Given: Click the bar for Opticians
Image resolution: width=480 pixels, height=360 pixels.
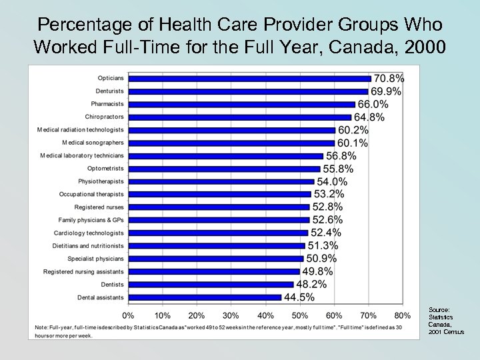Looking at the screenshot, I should click(x=249, y=79).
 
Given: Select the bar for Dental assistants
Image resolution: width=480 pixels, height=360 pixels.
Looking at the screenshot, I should click(x=205, y=297).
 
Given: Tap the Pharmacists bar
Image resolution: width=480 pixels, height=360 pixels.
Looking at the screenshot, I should click(x=241, y=104).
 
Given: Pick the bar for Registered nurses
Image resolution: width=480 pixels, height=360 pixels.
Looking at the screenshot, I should click(x=219, y=207).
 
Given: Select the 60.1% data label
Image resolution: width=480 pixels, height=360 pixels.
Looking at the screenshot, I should click(x=353, y=143).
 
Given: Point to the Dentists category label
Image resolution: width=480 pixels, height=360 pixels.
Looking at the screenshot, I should click(x=111, y=284).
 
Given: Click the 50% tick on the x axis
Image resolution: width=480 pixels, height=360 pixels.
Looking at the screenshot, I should click(x=300, y=315).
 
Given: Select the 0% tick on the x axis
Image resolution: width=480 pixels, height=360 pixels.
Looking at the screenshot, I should click(x=129, y=315).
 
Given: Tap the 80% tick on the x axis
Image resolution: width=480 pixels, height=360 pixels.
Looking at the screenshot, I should click(x=402, y=315).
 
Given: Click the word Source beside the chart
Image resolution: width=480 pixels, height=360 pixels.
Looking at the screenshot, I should click(x=439, y=310).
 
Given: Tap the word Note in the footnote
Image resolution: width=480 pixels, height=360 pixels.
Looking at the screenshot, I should click(x=43, y=327).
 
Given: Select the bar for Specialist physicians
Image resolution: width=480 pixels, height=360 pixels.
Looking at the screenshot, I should click(x=215, y=259).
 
